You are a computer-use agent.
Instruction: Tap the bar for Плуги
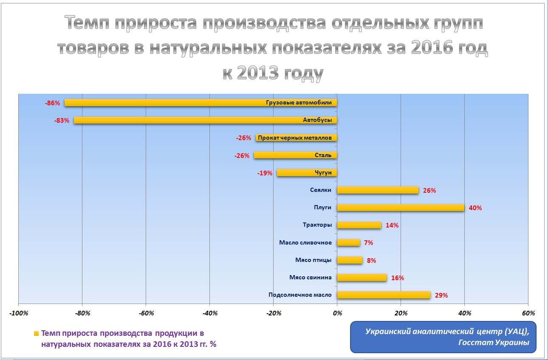400,208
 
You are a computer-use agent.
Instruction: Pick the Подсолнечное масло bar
384,295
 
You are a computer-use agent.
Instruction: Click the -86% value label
52,103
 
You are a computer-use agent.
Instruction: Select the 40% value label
475,208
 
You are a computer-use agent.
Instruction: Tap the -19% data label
265,173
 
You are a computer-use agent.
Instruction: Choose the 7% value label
368,243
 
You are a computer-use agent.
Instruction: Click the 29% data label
441,295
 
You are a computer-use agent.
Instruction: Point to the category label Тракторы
317,225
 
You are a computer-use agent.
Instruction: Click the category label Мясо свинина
311,277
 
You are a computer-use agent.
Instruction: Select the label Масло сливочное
305,242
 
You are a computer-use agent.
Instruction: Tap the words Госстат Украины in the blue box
494,343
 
